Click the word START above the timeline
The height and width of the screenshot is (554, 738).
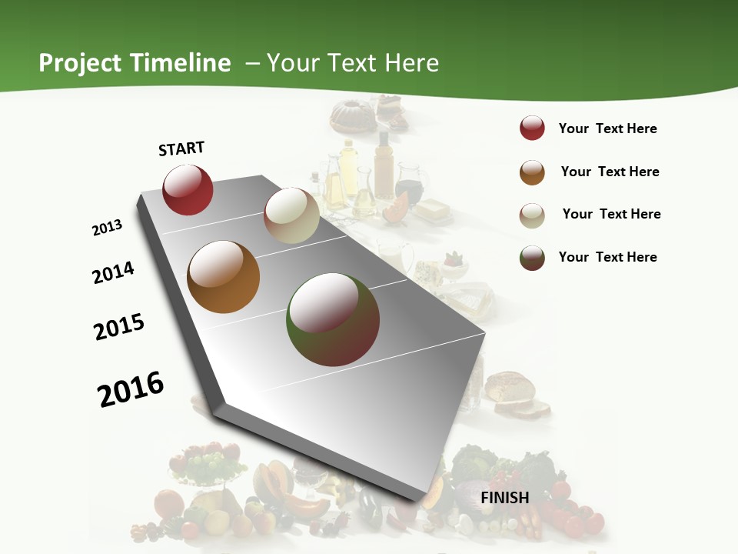[x=181, y=149]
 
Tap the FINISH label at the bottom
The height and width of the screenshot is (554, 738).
[x=504, y=498]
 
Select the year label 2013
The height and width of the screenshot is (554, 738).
[x=108, y=228]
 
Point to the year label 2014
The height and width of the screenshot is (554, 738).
[x=114, y=272]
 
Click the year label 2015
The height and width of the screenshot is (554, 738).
[x=119, y=327]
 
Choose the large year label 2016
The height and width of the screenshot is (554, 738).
[x=131, y=389]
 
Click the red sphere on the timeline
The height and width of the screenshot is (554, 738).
[x=188, y=190]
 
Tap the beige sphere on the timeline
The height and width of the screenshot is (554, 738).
[x=291, y=215]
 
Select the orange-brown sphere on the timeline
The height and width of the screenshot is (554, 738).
[x=223, y=277]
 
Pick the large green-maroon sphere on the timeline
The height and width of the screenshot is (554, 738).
[x=333, y=319]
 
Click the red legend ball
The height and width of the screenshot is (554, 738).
[x=532, y=128]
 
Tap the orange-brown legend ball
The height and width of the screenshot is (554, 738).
[x=532, y=172]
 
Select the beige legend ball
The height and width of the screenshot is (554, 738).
[x=532, y=215]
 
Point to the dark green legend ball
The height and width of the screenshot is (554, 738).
[x=532, y=258]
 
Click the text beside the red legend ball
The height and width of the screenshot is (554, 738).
[x=607, y=129]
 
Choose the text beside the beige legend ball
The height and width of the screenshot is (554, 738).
[x=611, y=215]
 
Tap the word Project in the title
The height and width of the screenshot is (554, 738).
[x=80, y=63]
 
